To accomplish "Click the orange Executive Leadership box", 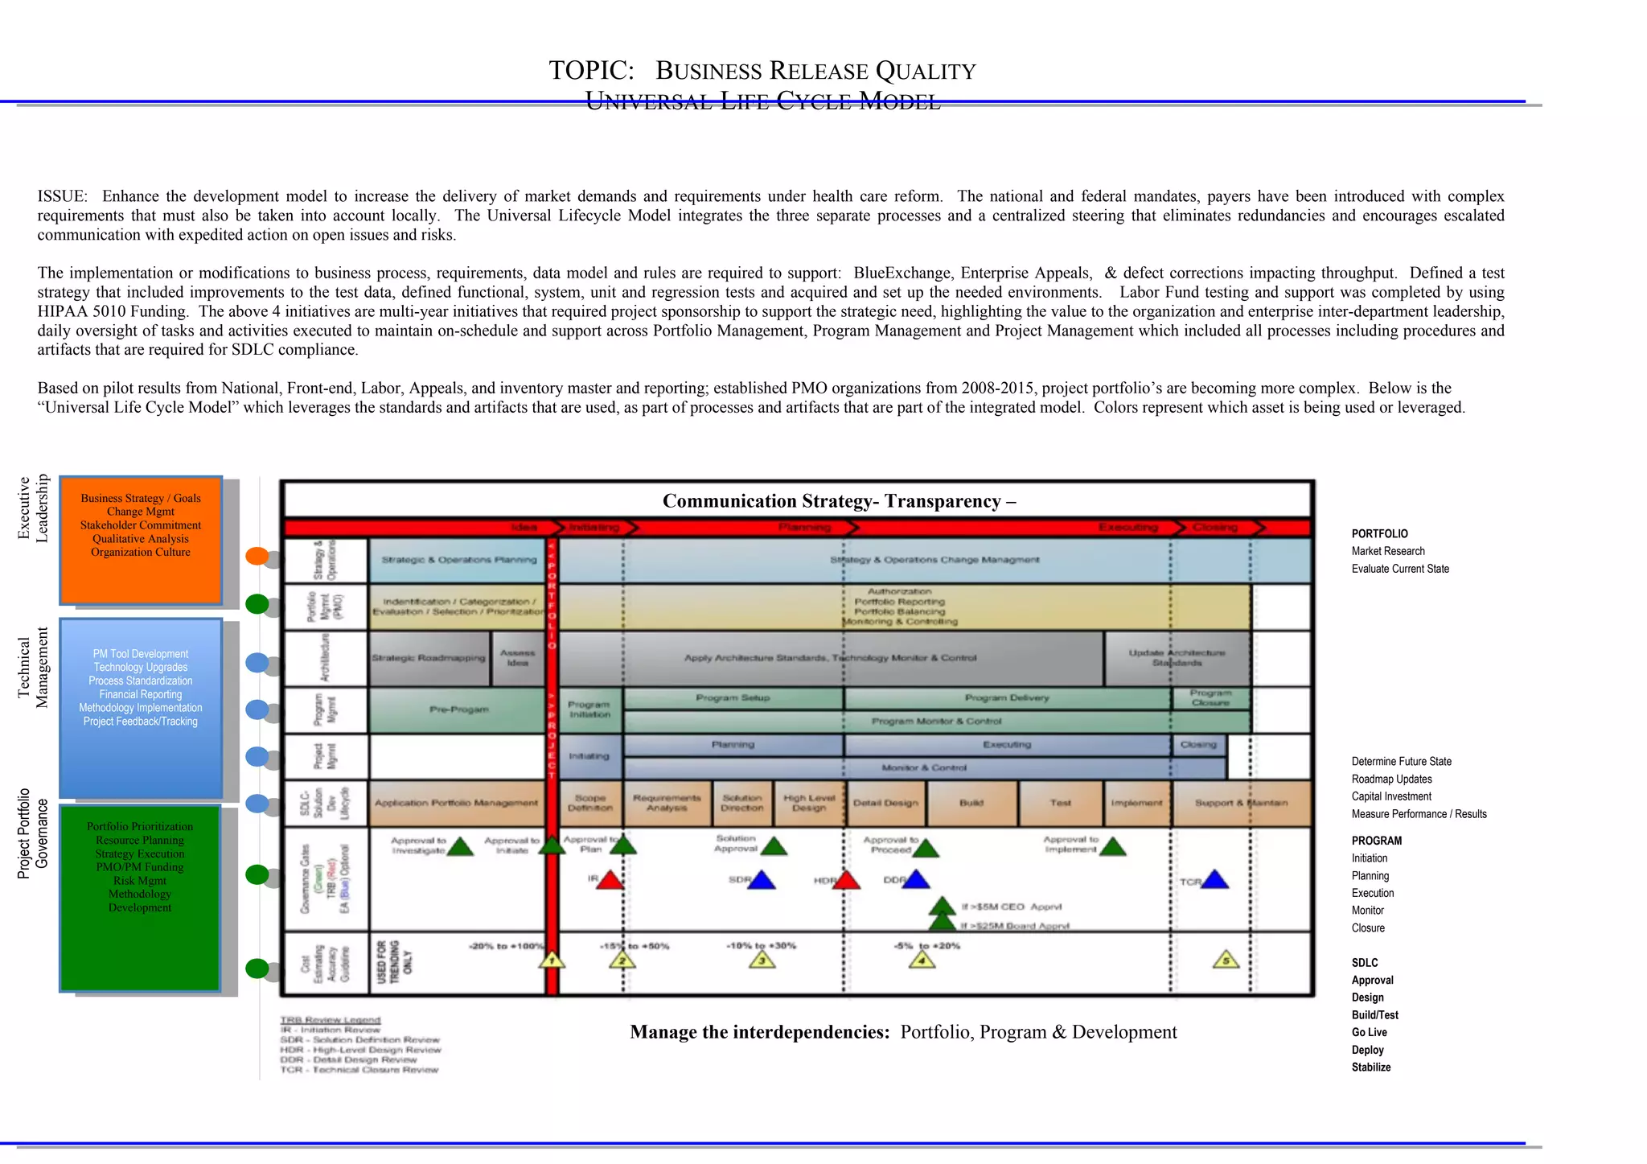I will click(141, 539).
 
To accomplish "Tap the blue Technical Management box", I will click(141, 708).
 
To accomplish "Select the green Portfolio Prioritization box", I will click(141, 897).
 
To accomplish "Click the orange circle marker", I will click(257, 556).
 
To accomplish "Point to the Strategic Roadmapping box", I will click(429, 658).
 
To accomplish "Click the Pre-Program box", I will click(458, 710).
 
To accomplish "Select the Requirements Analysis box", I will click(667, 803).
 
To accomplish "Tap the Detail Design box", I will click(885, 803).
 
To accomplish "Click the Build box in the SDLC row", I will click(971, 803).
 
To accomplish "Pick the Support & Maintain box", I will click(1241, 803).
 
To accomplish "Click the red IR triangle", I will click(610, 880).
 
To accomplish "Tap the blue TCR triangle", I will click(1214, 880).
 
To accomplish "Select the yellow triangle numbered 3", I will click(762, 960).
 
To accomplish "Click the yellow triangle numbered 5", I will click(1226, 960).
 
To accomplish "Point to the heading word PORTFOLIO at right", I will click(1380, 534).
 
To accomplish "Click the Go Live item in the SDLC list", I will click(1370, 1033).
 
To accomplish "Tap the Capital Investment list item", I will click(1391, 796).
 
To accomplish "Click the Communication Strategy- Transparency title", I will click(839, 501).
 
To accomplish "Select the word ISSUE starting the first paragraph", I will click(61, 196).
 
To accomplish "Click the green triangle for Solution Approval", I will click(774, 845).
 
